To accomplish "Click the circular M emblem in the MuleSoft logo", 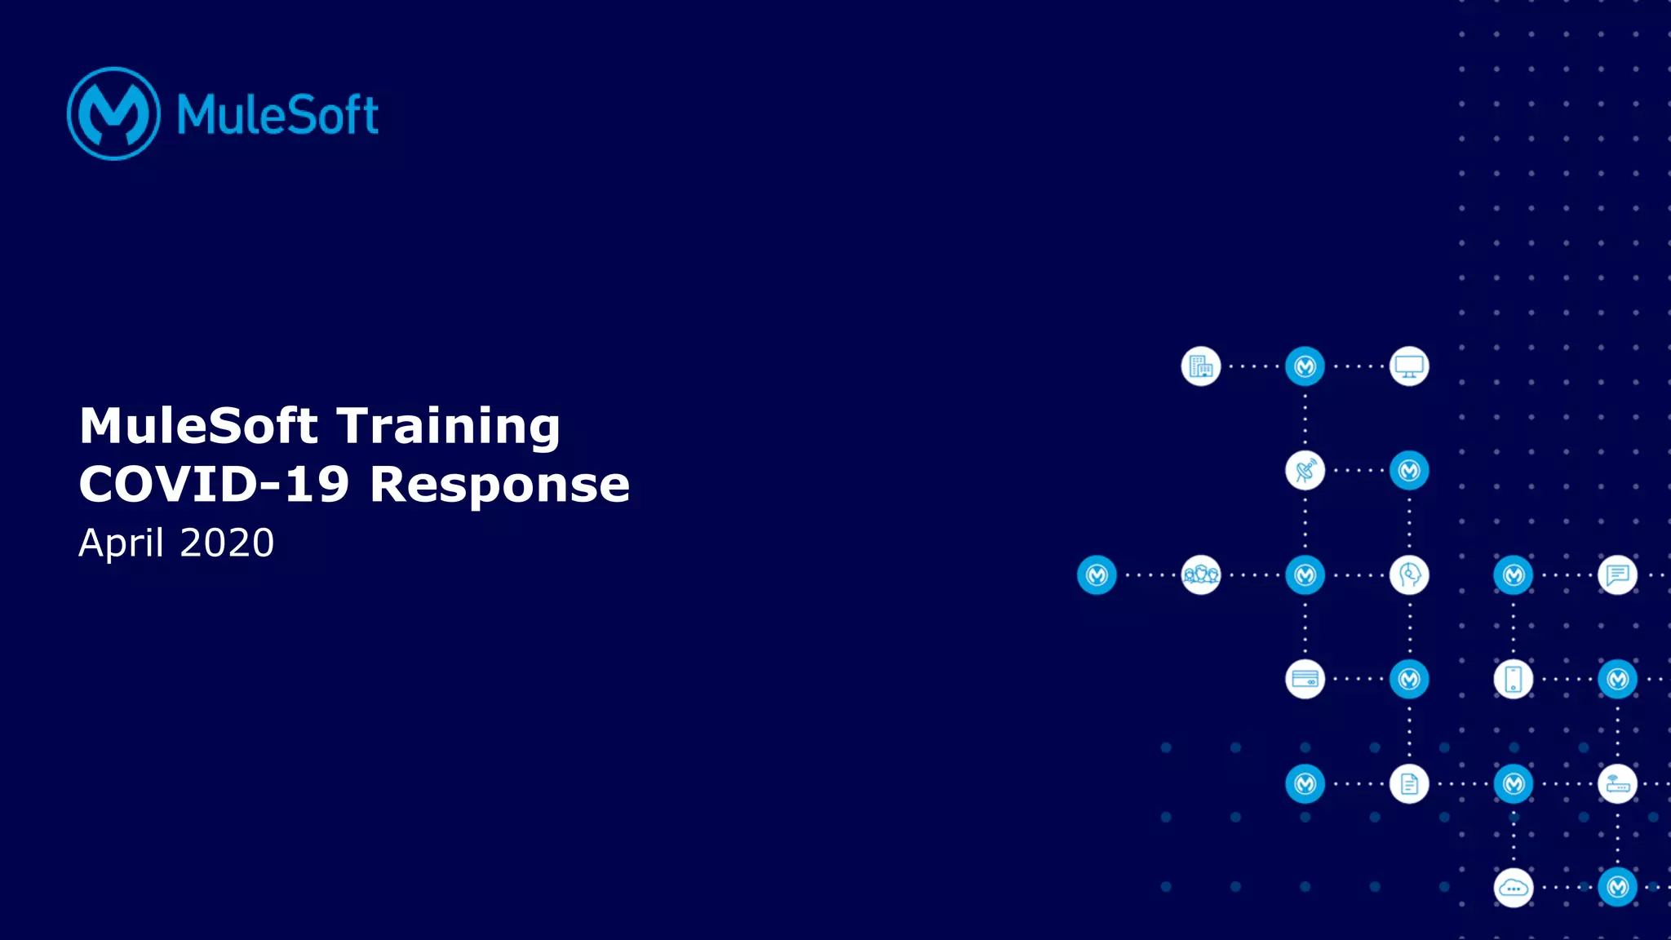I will click(113, 113).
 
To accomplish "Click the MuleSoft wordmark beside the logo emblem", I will click(277, 114).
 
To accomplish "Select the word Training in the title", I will click(448, 426).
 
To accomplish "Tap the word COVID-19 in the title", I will click(214, 485).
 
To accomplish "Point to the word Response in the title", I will click(499, 485).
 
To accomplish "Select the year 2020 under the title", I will click(227, 543).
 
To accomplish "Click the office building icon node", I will click(1200, 366).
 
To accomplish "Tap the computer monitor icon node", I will click(1409, 366).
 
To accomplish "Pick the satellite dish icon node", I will click(1305, 471).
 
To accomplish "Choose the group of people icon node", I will click(1200, 575).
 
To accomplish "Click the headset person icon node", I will click(1409, 575).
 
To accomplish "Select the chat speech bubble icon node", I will click(1617, 575).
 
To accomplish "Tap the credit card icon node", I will click(1305, 679).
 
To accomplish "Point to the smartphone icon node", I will click(1513, 679).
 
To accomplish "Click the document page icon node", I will click(1409, 784).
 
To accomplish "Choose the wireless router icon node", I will click(1617, 784).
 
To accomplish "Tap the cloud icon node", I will click(1513, 888).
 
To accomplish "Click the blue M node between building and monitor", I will click(1305, 366).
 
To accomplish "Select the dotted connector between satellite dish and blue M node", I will click(1357, 471).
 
